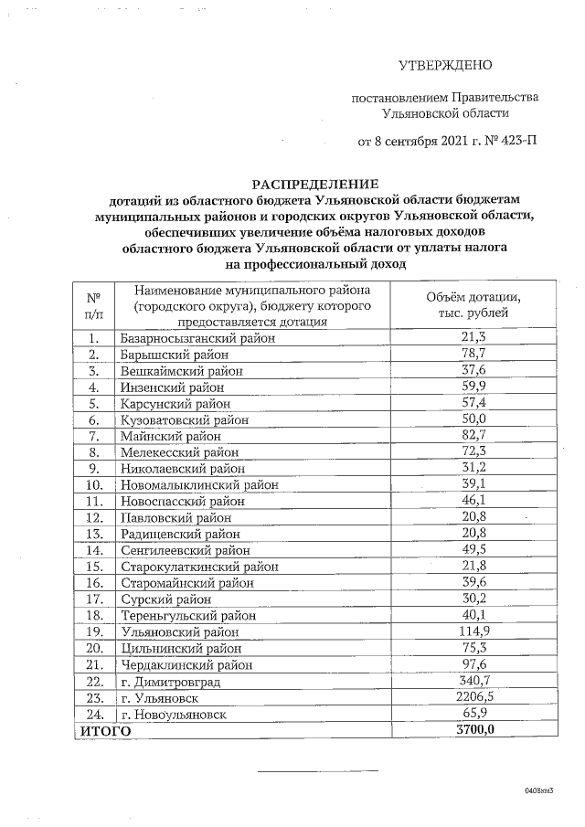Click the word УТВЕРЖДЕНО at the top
point(446,65)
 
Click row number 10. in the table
point(93,484)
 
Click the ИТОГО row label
point(105,731)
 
